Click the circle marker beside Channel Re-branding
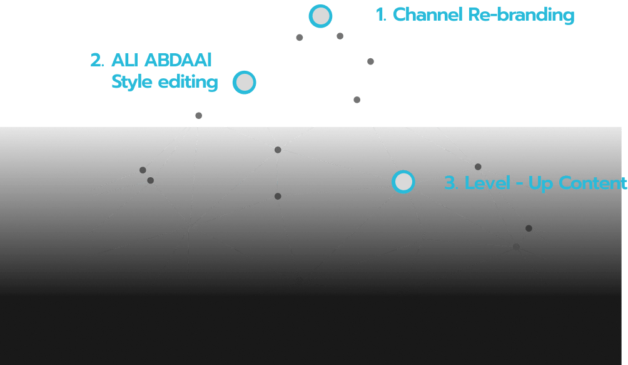coord(320,16)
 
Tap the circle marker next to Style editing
coord(245,82)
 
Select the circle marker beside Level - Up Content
coord(403,182)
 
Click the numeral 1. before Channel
coord(381,14)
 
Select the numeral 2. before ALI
coord(97,61)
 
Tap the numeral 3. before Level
coord(452,183)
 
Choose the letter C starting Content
coord(565,183)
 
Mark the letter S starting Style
coord(117,81)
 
